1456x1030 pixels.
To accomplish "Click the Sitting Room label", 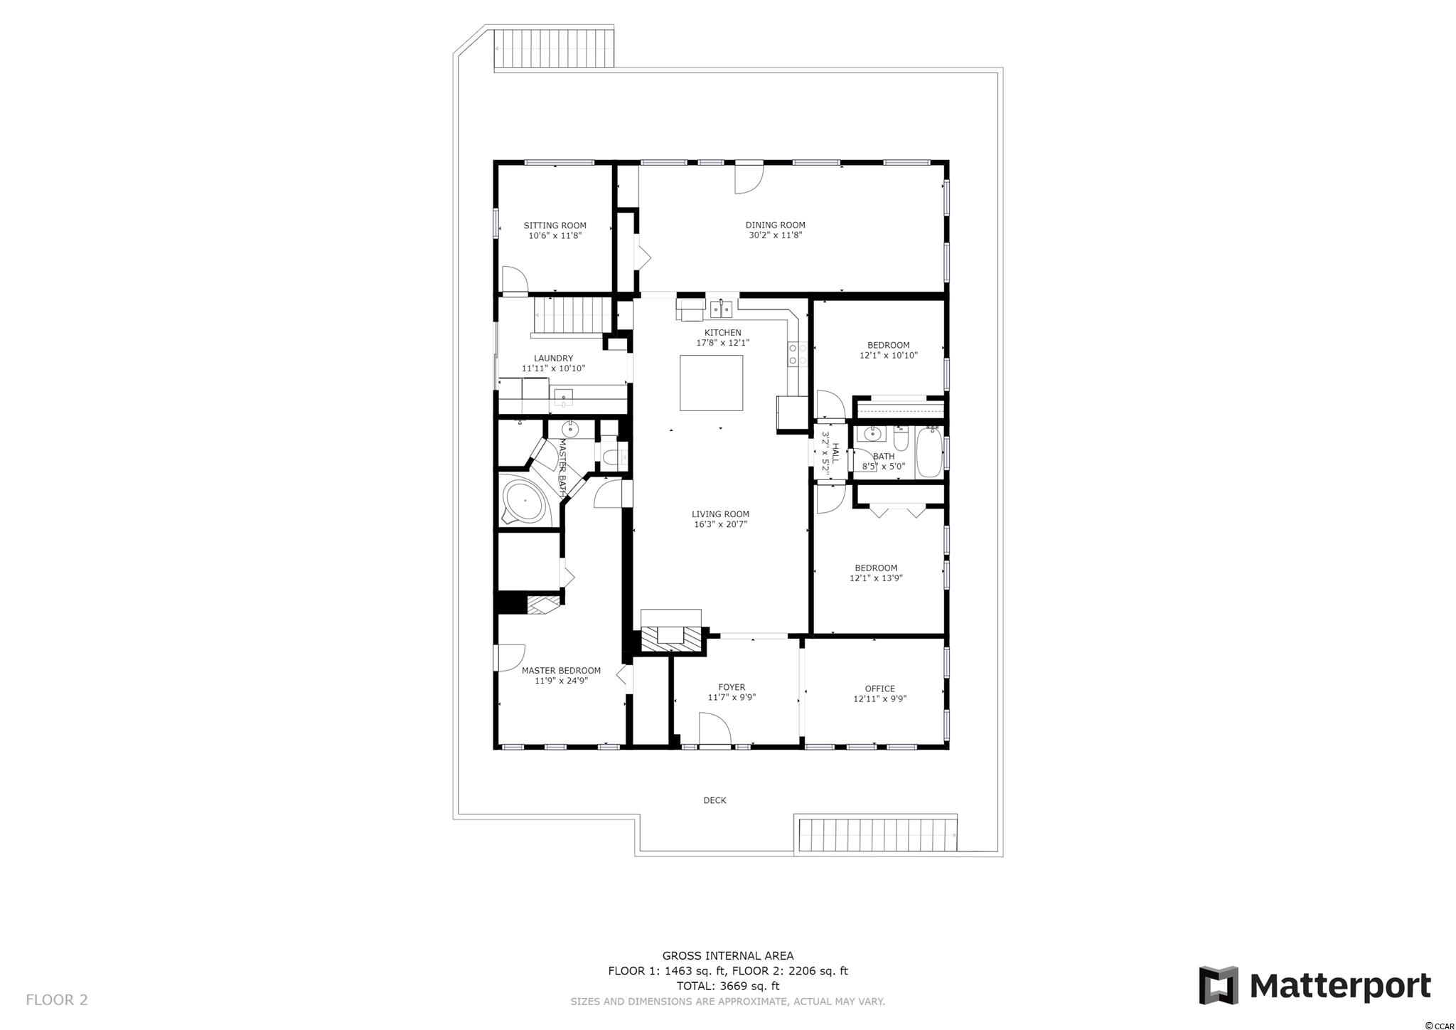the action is pyautogui.click(x=555, y=225).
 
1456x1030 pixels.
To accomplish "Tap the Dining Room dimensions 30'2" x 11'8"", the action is pyautogui.click(x=775, y=235).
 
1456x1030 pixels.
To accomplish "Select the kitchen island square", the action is pyautogui.click(x=711, y=383).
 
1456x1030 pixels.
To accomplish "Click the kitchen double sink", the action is pyautogui.click(x=721, y=309).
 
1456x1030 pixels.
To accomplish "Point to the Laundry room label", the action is pyautogui.click(x=553, y=359).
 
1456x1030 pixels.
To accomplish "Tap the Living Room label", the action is pyautogui.click(x=720, y=514).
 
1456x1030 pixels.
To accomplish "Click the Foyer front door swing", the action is pyautogui.click(x=714, y=731).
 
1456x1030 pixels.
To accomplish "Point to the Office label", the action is pyautogui.click(x=879, y=689).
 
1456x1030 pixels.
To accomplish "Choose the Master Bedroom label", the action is pyautogui.click(x=561, y=671).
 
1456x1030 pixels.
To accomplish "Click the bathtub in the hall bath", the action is pyautogui.click(x=929, y=452).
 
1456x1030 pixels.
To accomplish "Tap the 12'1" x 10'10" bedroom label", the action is pyautogui.click(x=888, y=350).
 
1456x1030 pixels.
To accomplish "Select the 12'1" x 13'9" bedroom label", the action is pyautogui.click(x=876, y=573).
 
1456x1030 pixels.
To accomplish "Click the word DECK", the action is pyautogui.click(x=714, y=800).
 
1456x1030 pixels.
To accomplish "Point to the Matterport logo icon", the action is pyautogui.click(x=1219, y=985).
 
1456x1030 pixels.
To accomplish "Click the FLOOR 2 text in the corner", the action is pyautogui.click(x=57, y=1000).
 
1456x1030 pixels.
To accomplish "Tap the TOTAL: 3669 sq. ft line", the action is pyautogui.click(x=727, y=986).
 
